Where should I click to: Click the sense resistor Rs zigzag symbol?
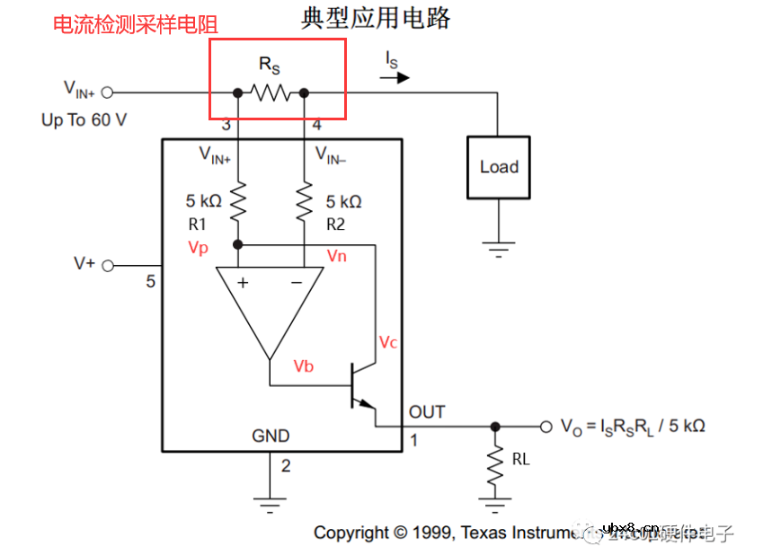point(271,92)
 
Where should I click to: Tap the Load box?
point(499,167)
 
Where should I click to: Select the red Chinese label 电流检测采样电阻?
point(135,24)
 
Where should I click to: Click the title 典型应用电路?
point(375,18)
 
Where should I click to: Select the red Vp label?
point(199,248)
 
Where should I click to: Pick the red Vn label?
point(336,256)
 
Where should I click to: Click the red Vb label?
point(304,366)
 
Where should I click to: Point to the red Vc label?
point(388,342)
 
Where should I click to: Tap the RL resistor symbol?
point(494,467)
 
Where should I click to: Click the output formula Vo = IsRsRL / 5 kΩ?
point(633,426)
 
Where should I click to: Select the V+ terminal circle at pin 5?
point(109,265)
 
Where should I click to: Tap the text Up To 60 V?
point(84,120)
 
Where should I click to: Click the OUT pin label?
point(427,412)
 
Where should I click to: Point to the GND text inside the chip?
point(271,436)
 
